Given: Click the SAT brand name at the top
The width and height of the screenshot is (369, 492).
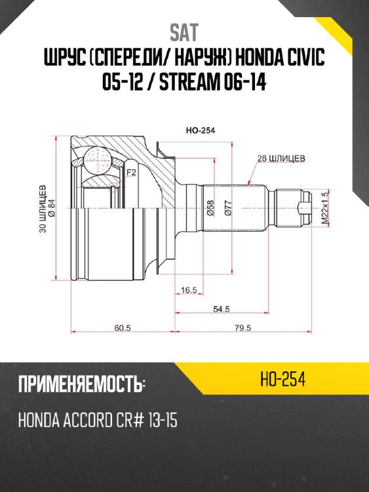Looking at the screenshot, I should click(184, 31).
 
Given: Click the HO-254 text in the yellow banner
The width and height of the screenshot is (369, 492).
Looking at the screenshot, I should click(283, 380).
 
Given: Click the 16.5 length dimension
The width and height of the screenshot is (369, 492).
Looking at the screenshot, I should click(189, 289).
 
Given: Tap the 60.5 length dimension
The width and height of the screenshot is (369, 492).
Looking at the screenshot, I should click(123, 328).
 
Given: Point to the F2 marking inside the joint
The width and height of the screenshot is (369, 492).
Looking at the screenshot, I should click(130, 173).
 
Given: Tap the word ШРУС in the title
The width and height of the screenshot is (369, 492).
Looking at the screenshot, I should click(62, 60).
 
